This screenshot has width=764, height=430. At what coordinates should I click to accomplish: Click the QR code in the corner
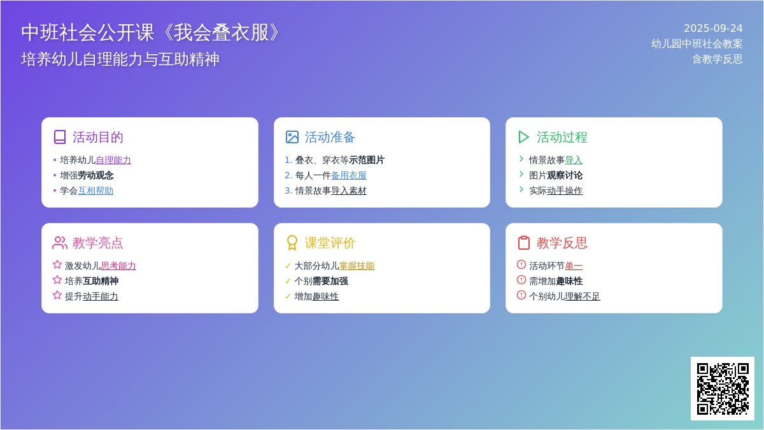pyautogui.click(x=723, y=389)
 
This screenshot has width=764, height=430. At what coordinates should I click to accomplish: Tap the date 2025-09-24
pyautogui.click(x=713, y=28)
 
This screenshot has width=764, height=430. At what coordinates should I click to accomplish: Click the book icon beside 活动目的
pyautogui.click(x=60, y=137)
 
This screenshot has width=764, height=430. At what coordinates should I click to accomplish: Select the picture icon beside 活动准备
pyautogui.click(x=292, y=137)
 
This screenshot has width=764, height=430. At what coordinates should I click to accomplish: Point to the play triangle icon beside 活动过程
pyautogui.click(x=523, y=137)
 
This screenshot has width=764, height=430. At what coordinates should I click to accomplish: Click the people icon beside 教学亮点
pyautogui.click(x=60, y=243)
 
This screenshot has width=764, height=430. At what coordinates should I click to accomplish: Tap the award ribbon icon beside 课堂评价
pyautogui.click(x=292, y=243)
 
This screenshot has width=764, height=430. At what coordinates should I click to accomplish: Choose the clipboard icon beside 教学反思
pyautogui.click(x=523, y=243)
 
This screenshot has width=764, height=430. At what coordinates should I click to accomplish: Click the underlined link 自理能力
pyautogui.click(x=113, y=160)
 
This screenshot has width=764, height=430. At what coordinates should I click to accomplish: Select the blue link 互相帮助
pyautogui.click(x=95, y=190)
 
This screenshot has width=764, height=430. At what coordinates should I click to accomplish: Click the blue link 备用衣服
pyautogui.click(x=349, y=175)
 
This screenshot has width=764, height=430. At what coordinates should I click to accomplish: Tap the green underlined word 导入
pyautogui.click(x=574, y=160)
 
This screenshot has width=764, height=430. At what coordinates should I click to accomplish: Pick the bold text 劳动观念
pyautogui.click(x=95, y=175)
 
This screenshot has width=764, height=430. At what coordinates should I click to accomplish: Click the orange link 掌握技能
pyautogui.click(x=357, y=266)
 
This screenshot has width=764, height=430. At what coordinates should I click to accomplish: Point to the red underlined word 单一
pyautogui.click(x=574, y=266)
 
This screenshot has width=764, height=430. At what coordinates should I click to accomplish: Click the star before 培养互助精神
pyautogui.click(x=57, y=280)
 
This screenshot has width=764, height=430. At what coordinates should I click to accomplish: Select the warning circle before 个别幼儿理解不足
pyautogui.click(x=521, y=295)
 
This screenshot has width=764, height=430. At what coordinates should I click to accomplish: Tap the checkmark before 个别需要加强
pyautogui.click(x=288, y=281)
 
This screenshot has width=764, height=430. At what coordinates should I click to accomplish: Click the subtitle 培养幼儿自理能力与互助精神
pyautogui.click(x=120, y=59)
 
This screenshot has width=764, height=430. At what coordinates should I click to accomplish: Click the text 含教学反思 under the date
pyautogui.click(x=718, y=59)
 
